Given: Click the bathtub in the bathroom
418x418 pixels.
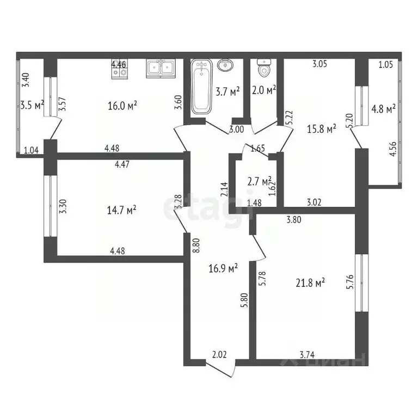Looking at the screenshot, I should click(x=200, y=87).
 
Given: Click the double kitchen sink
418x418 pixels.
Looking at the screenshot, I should click(x=161, y=67).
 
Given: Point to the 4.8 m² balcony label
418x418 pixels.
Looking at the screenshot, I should click(x=383, y=109).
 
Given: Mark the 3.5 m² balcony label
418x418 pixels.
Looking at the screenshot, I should click(x=32, y=104).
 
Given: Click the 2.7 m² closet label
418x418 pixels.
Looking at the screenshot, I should click(x=259, y=181).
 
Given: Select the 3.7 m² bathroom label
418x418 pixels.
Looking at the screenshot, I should click(x=228, y=92).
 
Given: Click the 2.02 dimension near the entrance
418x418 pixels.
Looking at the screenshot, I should click(x=219, y=354).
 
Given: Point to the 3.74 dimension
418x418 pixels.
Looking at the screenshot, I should click(x=308, y=354).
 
